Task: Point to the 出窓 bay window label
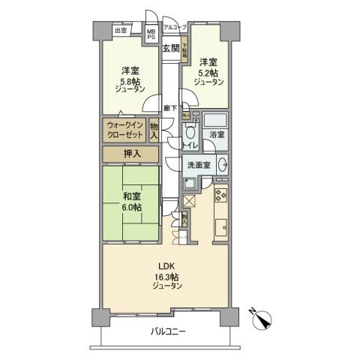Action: pos(120,31)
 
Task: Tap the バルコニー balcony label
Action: pos(167,331)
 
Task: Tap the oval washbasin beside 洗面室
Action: pos(223,165)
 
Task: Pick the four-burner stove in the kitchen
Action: pos(220,197)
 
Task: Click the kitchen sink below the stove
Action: pos(220,226)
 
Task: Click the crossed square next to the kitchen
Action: pos(189,200)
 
